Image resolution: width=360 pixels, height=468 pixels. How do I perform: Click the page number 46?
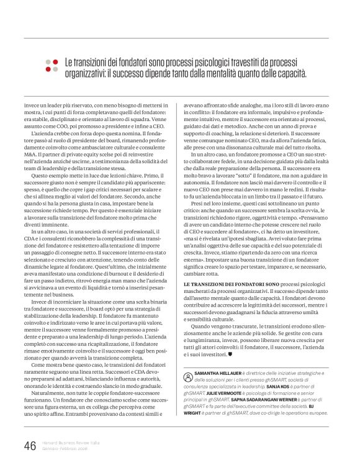click(30, 445)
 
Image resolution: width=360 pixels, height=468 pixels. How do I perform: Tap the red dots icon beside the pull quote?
click(53, 68)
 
